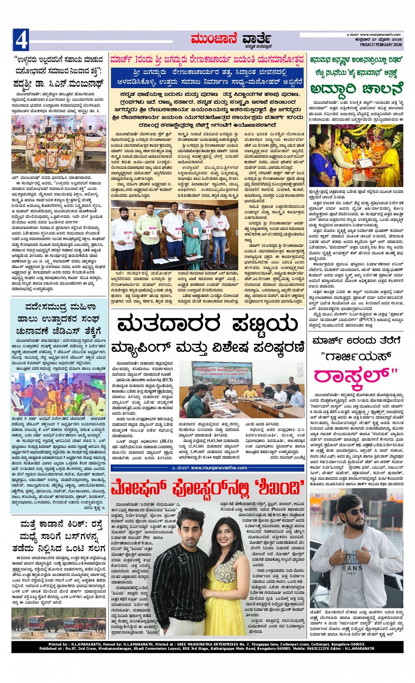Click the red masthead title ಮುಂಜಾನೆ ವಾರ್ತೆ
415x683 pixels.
[x=231, y=40]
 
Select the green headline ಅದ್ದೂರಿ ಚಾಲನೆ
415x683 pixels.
[x=356, y=89]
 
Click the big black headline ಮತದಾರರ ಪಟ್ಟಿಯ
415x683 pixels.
[x=207, y=325]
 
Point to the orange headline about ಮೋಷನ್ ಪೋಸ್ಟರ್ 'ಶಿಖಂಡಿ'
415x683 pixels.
[x=207, y=488]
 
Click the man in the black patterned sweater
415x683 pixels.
[x=179, y=570]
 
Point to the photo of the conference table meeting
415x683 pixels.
[x=247, y=390]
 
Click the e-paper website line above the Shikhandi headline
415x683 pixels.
[x=207, y=468]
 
